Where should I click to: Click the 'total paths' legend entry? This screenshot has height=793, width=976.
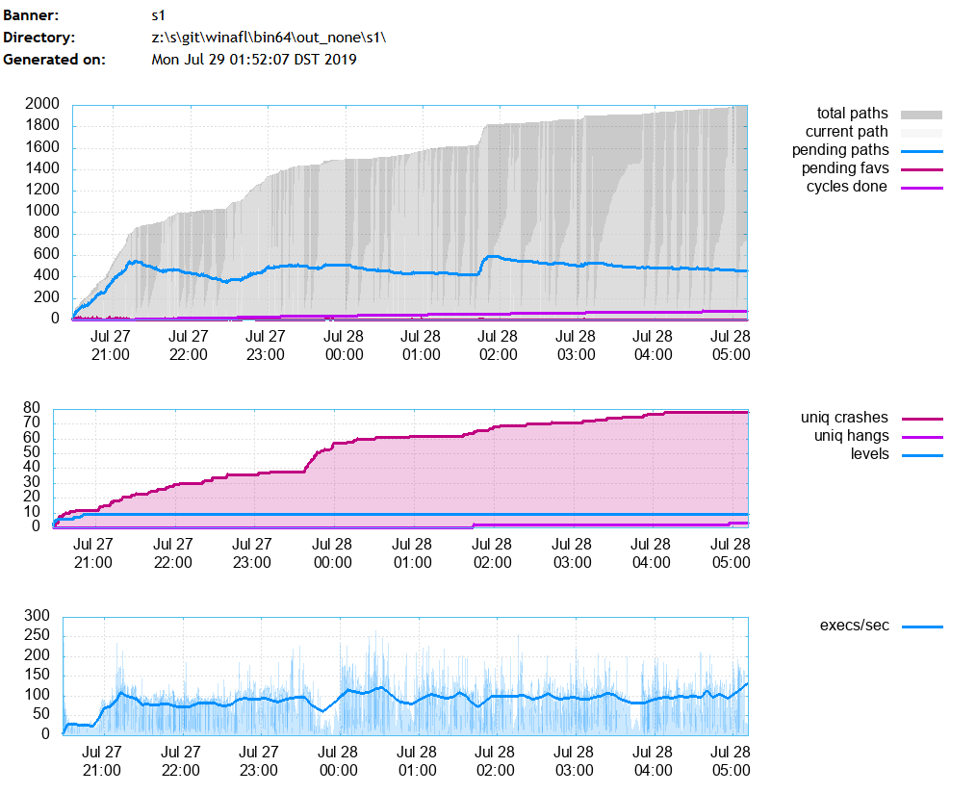coord(852,114)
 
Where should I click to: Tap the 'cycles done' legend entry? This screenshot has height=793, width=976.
coord(846,187)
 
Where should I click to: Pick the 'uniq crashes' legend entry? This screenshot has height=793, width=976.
coord(844,418)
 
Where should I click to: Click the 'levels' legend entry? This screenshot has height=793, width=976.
coord(869,453)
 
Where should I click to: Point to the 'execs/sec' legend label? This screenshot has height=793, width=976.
coord(854,626)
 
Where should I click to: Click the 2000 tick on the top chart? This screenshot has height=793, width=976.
coord(43,104)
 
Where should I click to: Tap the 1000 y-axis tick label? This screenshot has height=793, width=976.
coord(43,212)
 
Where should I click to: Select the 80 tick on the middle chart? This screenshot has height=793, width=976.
coord(32,407)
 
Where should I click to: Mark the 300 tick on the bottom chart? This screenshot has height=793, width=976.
coord(36,616)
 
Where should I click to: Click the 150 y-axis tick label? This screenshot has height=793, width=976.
coord(36,676)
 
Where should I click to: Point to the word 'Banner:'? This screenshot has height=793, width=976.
coord(31,16)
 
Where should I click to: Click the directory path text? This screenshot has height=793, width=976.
coord(262,38)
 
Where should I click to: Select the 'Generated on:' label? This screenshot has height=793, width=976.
coord(54,59)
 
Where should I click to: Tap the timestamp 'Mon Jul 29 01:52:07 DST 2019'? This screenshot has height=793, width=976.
coord(254,59)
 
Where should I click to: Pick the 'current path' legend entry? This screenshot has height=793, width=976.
coord(846,132)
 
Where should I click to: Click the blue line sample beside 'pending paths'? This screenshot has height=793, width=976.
coord(922,151)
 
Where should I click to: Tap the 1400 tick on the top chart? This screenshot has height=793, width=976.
coord(43,168)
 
